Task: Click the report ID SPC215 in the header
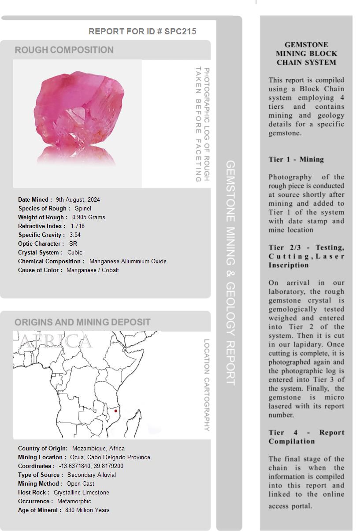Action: tap(180, 31)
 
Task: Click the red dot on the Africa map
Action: tap(116, 411)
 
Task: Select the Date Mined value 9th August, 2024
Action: tap(78, 199)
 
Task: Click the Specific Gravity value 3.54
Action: tap(75, 235)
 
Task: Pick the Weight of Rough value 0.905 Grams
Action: tap(89, 217)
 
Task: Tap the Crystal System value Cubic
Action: tap(75, 252)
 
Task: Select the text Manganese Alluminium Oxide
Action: tap(128, 261)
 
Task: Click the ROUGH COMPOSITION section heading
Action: tap(64, 50)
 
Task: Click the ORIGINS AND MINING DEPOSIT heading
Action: tap(82, 322)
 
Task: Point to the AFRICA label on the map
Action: tap(56, 341)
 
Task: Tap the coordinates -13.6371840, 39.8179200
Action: tap(91, 466)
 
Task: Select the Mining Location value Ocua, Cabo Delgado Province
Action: tap(110, 457)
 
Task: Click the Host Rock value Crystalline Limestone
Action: tap(82, 492)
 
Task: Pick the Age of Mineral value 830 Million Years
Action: tap(87, 510)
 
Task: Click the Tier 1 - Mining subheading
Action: tap(296, 159)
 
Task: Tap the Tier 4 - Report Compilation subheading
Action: tap(306, 437)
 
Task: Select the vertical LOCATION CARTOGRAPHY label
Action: tap(207, 385)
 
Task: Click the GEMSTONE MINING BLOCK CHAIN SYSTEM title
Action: tap(306, 53)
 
